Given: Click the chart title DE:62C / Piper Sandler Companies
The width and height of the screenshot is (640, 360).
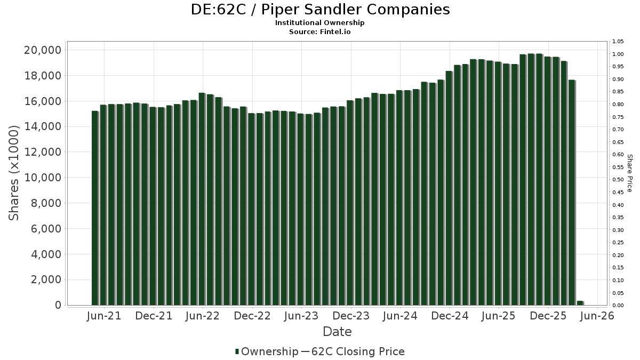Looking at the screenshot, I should click(320, 10).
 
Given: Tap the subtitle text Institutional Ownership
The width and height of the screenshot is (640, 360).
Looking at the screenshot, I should click(320, 23).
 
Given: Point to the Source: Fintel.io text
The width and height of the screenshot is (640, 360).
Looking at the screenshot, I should click(320, 32).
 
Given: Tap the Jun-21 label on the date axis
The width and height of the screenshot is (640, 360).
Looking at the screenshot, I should click(103, 316).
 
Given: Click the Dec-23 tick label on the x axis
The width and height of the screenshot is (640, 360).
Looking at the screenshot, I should click(350, 316).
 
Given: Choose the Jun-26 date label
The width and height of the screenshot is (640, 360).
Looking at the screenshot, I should click(597, 316).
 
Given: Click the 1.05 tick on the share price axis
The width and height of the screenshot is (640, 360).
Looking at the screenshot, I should click(618, 42).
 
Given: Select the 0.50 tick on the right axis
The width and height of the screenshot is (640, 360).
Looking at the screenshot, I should click(618, 180).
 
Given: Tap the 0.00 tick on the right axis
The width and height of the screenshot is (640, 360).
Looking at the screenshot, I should click(618, 306).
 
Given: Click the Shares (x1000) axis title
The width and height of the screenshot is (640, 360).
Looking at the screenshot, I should click(15, 173).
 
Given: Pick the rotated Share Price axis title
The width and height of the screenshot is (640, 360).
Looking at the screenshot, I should click(630, 173).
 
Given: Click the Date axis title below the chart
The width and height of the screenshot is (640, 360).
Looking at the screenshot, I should click(337, 332).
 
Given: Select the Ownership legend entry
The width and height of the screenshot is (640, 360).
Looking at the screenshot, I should click(267, 351).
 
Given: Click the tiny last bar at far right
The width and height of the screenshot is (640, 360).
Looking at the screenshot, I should click(580, 303).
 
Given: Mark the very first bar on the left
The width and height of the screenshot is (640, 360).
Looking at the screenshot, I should click(95, 208).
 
